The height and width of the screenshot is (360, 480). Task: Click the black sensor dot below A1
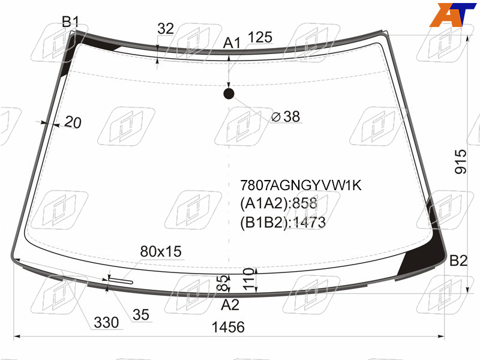point(229,94)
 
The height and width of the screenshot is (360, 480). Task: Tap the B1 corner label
point(70,22)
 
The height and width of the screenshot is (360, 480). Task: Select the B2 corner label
point(458,260)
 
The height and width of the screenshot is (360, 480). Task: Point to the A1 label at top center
point(232,43)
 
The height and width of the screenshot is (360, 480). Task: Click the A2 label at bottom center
point(230,305)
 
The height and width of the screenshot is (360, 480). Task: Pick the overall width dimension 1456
point(228,327)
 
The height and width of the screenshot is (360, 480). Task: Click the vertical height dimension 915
point(460,161)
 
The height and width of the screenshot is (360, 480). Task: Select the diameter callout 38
point(286,116)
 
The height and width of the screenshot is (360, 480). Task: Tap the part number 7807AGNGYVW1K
point(301,185)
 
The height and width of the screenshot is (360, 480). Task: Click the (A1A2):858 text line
point(278,203)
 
